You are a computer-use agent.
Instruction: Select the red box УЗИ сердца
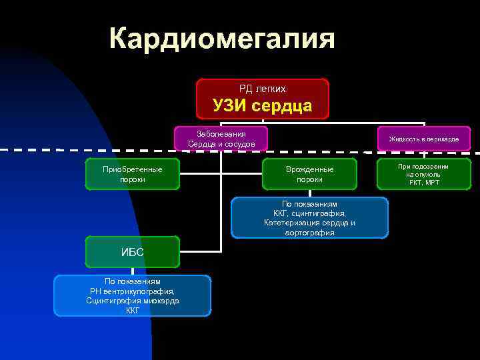tap(262, 99)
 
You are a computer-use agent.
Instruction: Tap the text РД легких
tap(262, 88)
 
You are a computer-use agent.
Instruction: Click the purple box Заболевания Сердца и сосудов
tap(221, 139)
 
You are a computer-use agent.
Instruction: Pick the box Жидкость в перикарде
tap(424, 139)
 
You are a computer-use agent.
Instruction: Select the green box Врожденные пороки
tap(309, 174)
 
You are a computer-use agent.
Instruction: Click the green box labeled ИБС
tap(132, 251)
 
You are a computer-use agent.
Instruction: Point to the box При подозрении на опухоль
tap(424, 174)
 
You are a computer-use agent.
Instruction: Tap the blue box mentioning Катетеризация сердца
tap(309, 218)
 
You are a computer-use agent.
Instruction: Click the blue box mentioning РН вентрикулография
tap(132, 295)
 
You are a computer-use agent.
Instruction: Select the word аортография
tap(309, 233)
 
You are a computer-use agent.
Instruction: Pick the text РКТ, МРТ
tap(424, 182)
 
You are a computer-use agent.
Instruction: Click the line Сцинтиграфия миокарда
tap(132, 301)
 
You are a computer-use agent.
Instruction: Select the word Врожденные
tap(309, 169)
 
